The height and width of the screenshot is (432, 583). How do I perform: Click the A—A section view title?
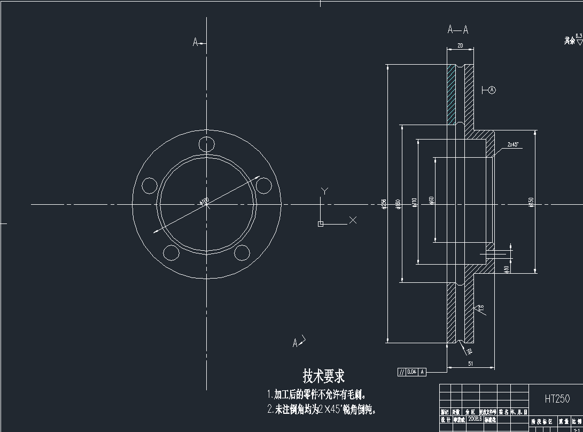pos(458,30)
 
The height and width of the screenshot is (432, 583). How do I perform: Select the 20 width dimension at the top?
pos(460,46)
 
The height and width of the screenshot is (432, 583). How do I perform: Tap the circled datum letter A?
pos(492,90)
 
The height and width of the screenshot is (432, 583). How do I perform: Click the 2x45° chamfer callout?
pos(513,144)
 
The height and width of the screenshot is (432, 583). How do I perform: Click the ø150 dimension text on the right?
pos(531,202)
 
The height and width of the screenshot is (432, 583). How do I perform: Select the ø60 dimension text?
pos(431,200)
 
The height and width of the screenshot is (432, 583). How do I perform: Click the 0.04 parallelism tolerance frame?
pos(411,372)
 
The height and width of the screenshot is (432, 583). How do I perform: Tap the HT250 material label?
pos(557,399)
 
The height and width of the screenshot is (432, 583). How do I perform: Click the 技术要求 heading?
pos(324,376)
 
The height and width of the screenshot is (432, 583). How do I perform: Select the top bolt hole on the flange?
pos(206,144)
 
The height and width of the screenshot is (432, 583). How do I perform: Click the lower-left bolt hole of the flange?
pos(171,252)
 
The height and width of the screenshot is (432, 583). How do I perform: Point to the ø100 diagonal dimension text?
pos(204,202)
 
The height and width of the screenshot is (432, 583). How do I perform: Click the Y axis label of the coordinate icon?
pos(324,190)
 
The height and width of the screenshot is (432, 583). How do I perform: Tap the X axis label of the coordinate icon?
pos(353,220)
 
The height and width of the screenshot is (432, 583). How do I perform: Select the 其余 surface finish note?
pos(570,41)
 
